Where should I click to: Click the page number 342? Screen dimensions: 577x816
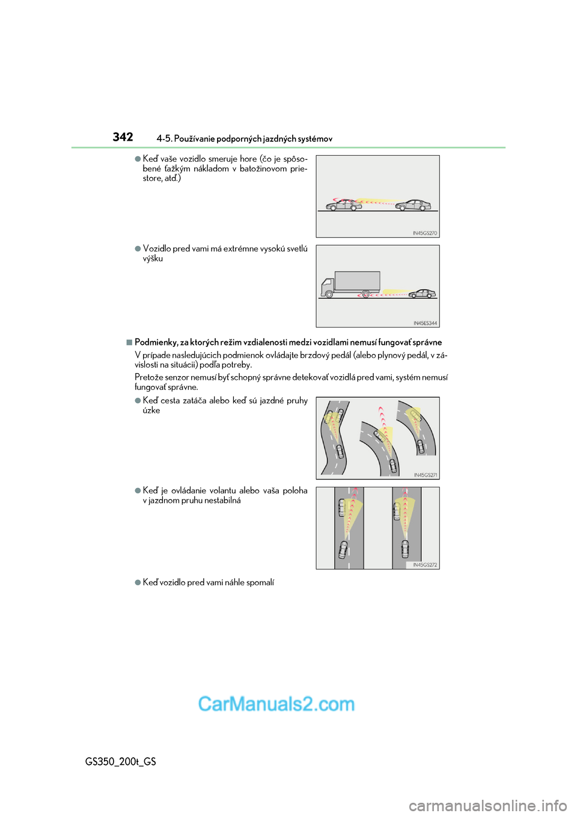tap(123, 137)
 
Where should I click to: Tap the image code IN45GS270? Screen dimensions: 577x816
tap(425, 233)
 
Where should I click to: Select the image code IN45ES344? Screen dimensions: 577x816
tap(425, 323)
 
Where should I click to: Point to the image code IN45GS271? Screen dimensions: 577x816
tap(426, 475)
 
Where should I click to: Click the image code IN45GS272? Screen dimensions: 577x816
tap(425, 565)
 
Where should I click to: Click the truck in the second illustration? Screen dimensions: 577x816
tap(351, 284)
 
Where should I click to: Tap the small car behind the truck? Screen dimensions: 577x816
tap(423, 293)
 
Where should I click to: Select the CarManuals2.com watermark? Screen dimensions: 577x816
tap(276, 704)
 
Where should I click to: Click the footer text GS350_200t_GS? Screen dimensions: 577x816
tap(120, 761)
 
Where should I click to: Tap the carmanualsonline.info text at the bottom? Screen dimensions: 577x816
tap(487, 805)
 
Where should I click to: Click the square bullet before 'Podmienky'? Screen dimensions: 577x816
tap(129, 343)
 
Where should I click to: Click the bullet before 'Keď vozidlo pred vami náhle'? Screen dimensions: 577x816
tap(138, 582)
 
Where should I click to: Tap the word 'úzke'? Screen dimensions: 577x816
tap(151, 410)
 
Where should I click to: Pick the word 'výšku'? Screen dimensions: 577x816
tap(153, 258)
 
